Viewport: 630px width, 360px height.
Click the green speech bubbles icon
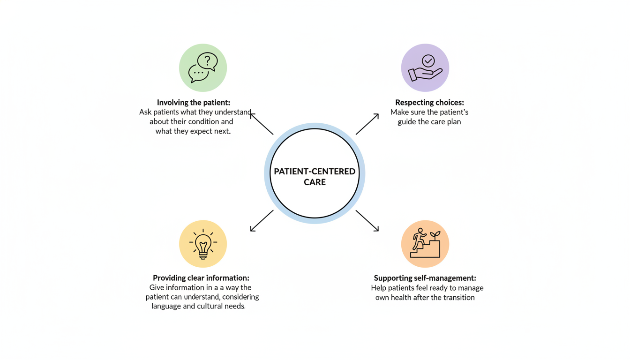[203, 68]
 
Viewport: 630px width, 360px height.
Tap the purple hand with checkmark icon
[425, 68]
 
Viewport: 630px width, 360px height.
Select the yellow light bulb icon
[203, 244]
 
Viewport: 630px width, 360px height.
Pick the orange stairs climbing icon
[425, 244]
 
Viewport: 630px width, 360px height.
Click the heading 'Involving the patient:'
[194, 103]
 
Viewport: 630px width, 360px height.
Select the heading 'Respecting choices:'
[429, 103]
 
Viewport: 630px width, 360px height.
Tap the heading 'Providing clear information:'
[201, 278]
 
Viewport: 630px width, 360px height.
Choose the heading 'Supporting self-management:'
[425, 278]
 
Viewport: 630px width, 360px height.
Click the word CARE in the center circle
[315, 182]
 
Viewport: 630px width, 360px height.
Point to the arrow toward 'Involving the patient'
[262, 124]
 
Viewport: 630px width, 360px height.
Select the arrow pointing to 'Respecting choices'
[367, 124]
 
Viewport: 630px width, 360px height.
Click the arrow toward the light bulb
[262, 221]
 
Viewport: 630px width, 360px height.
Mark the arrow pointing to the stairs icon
[367, 221]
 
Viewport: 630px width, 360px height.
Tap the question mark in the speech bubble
[208, 60]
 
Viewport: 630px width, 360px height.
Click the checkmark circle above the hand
[428, 61]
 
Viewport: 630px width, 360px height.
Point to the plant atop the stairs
[435, 234]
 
